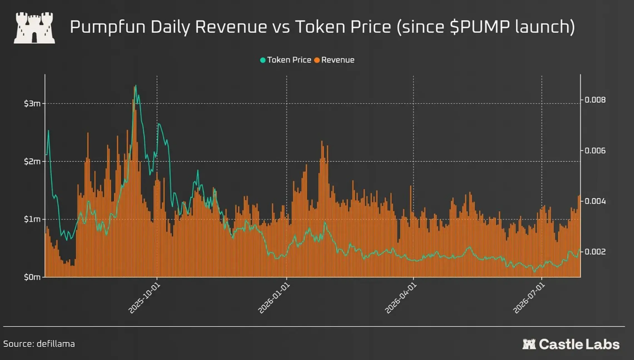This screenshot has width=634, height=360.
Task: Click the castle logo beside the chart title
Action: (x=34, y=28)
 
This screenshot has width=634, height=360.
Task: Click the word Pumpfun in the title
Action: (x=108, y=27)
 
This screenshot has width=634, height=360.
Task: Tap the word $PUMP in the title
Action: (x=480, y=27)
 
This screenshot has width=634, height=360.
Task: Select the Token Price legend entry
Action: (x=285, y=60)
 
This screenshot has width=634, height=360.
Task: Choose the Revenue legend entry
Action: (x=334, y=60)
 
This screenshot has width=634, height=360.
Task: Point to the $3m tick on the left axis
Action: (x=32, y=104)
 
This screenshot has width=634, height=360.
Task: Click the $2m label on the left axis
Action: (x=32, y=162)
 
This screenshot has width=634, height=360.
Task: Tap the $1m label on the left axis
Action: (x=32, y=219)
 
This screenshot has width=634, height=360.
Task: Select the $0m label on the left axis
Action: (x=32, y=277)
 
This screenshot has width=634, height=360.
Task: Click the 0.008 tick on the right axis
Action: (x=595, y=100)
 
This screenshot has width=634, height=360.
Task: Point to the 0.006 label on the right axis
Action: (x=595, y=151)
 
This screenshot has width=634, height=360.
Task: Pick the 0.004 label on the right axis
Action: (x=595, y=201)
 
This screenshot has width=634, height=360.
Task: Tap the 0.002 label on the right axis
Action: (x=595, y=252)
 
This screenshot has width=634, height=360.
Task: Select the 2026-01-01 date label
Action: (x=274, y=298)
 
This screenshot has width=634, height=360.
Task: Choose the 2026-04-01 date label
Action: (x=401, y=298)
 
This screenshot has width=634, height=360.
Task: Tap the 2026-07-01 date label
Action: (x=529, y=298)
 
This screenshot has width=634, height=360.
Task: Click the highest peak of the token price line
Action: (x=136, y=86)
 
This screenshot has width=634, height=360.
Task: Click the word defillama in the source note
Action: (x=56, y=344)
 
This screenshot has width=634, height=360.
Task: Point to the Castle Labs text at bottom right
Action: (x=579, y=344)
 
